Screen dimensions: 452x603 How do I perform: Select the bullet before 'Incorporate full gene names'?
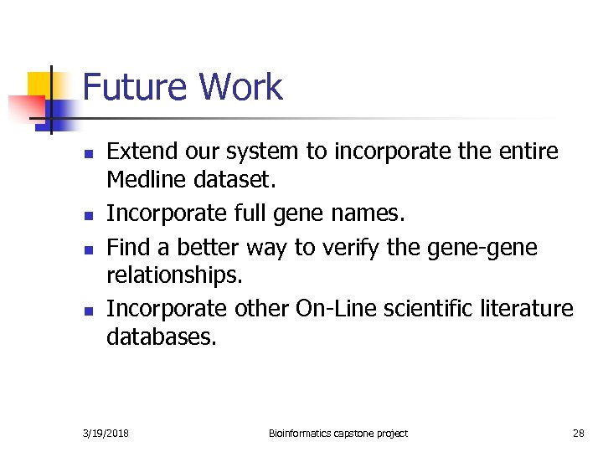[x=87, y=217]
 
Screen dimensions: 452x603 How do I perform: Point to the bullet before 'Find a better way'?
[x=87, y=249]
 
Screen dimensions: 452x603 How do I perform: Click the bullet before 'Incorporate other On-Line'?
[x=87, y=311]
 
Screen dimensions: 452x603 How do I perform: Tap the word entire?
[x=531, y=152]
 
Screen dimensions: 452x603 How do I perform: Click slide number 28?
[x=578, y=433]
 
